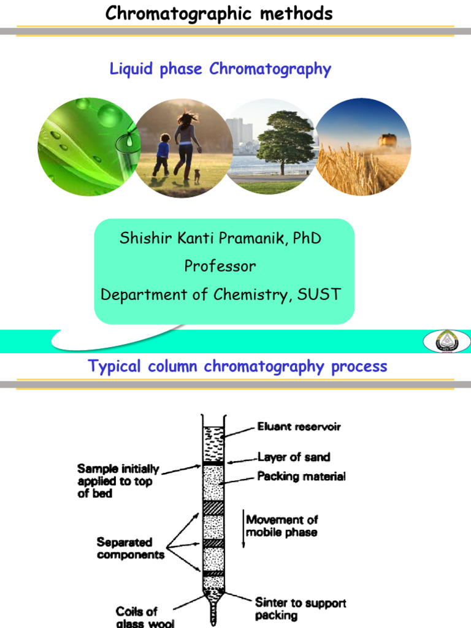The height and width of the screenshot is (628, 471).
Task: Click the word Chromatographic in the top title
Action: point(170,13)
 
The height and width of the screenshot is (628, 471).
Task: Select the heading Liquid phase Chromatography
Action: point(220,69)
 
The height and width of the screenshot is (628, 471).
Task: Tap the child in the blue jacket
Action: point(162,153)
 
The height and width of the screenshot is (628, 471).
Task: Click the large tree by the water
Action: point(284,140)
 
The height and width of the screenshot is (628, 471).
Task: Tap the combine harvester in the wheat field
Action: point(388,140)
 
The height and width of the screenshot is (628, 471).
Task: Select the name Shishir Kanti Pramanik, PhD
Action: point(220,239)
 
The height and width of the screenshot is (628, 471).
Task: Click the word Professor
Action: point(220,266)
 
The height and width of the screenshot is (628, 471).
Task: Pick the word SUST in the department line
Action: point(318,294)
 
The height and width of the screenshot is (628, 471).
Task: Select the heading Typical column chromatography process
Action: point(238,367)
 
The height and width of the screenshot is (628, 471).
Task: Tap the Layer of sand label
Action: point(293,457)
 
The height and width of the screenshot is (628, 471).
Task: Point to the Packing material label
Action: point(301,476)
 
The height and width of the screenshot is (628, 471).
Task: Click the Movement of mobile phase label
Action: point(282,526)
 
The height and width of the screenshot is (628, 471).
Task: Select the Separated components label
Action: point(130,548)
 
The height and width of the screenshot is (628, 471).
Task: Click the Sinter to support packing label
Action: point(301,609)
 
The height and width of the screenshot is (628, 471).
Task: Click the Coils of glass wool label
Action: point(137,616)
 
